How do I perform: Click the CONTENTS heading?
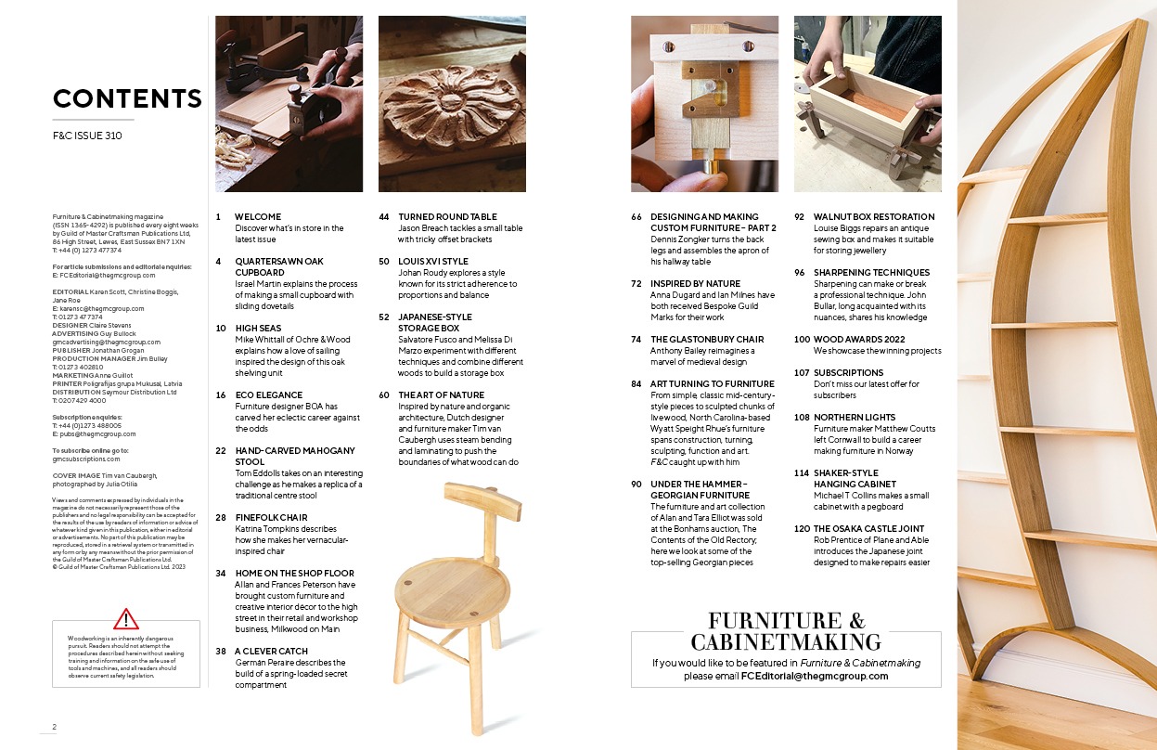pyautogui.click(x=127, y=98)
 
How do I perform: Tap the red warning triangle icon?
pyautogui.click(x=126, y=619)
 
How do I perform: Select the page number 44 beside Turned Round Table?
pyautogui.click(x=384, y=217)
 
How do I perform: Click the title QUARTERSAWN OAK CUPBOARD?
pyautogui.click(x=279, y=266)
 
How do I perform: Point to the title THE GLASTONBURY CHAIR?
pyautogui.click(x=707, y=340)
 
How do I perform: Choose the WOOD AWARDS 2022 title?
pyautogui.click(x=859, y=340)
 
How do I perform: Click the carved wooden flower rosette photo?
pyautogui.click(x=452, y=104)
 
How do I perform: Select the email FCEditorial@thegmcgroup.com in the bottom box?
pyautogui.click(x=815, y=676)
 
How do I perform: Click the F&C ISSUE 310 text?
pyautogui.click(x=87, y=136)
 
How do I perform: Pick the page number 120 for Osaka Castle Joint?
pyautogui.click(x=802, y=529)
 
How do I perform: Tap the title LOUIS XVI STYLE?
pyautogui.click(x=433, y=262)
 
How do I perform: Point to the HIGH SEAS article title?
pyautogui.click(x=258, y=329)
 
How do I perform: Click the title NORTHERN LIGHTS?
pyautogui.click(x=855, y=418)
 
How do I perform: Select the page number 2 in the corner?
pyautogui.click(x=54, y=727)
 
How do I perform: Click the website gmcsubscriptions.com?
pyautogui.click(x=86, y=459)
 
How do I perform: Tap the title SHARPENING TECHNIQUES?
pyautogui.click(x=871, y=272)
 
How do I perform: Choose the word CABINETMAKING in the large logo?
pyautogui.click(x=786, y=642)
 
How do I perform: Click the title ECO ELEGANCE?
pyautogui.click(x=268, y=394)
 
